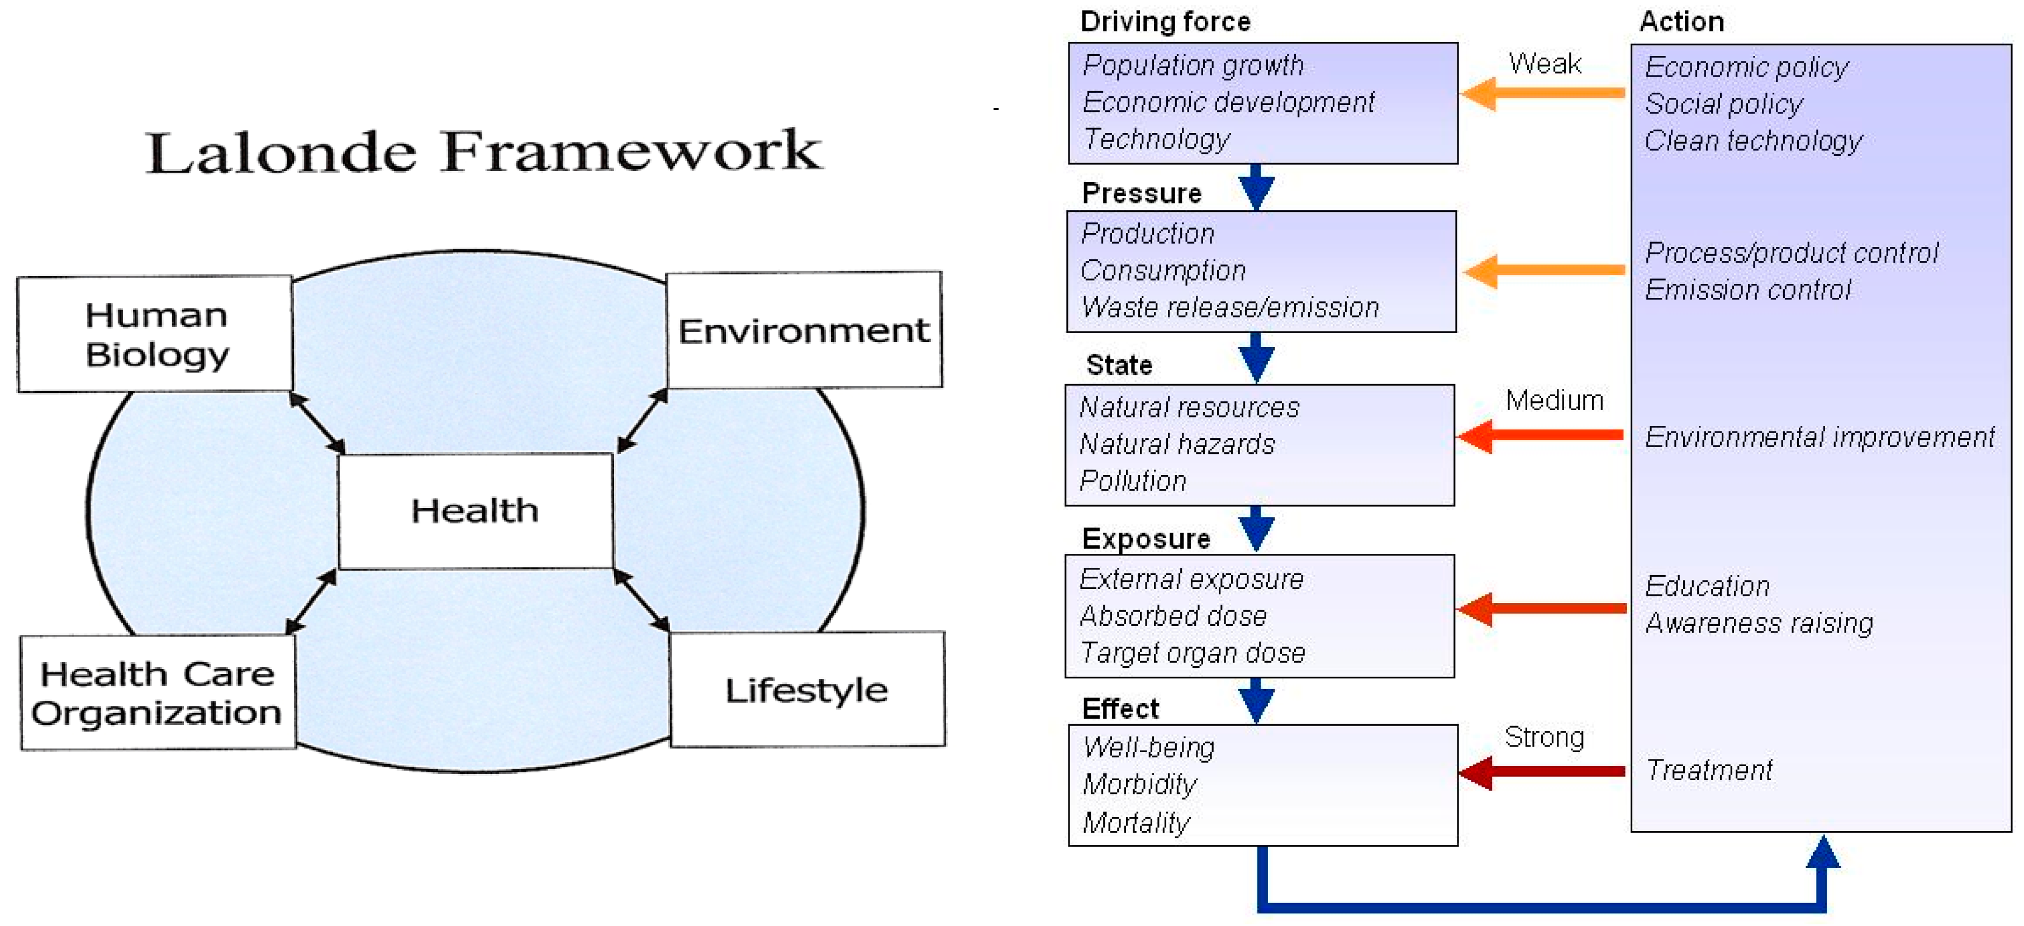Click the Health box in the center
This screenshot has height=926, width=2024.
(474, 511)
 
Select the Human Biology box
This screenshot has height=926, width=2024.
(155, 334)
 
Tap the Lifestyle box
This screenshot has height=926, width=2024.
(806, 690)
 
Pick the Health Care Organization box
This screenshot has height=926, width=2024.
(157, 692)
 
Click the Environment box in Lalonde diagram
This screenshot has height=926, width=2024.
(803, 330)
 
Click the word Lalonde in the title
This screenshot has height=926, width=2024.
(281, 151)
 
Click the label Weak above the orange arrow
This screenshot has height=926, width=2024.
(1544, 63)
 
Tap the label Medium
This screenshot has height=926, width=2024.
(1553, 401)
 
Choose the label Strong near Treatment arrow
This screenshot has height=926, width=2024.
(1543, 737)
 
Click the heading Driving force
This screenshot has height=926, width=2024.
(1165, 21)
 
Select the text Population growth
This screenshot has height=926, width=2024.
(1192, 65)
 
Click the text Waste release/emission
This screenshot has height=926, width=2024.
(1229, 307)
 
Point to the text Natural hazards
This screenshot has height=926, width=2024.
(1176, 444)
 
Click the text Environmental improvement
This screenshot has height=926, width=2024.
(1819, 437)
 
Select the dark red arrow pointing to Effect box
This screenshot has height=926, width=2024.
(1540, 772)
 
